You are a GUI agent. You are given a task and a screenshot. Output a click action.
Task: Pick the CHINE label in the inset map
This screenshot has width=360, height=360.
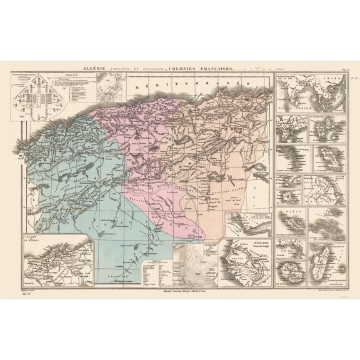click(327, 81)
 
